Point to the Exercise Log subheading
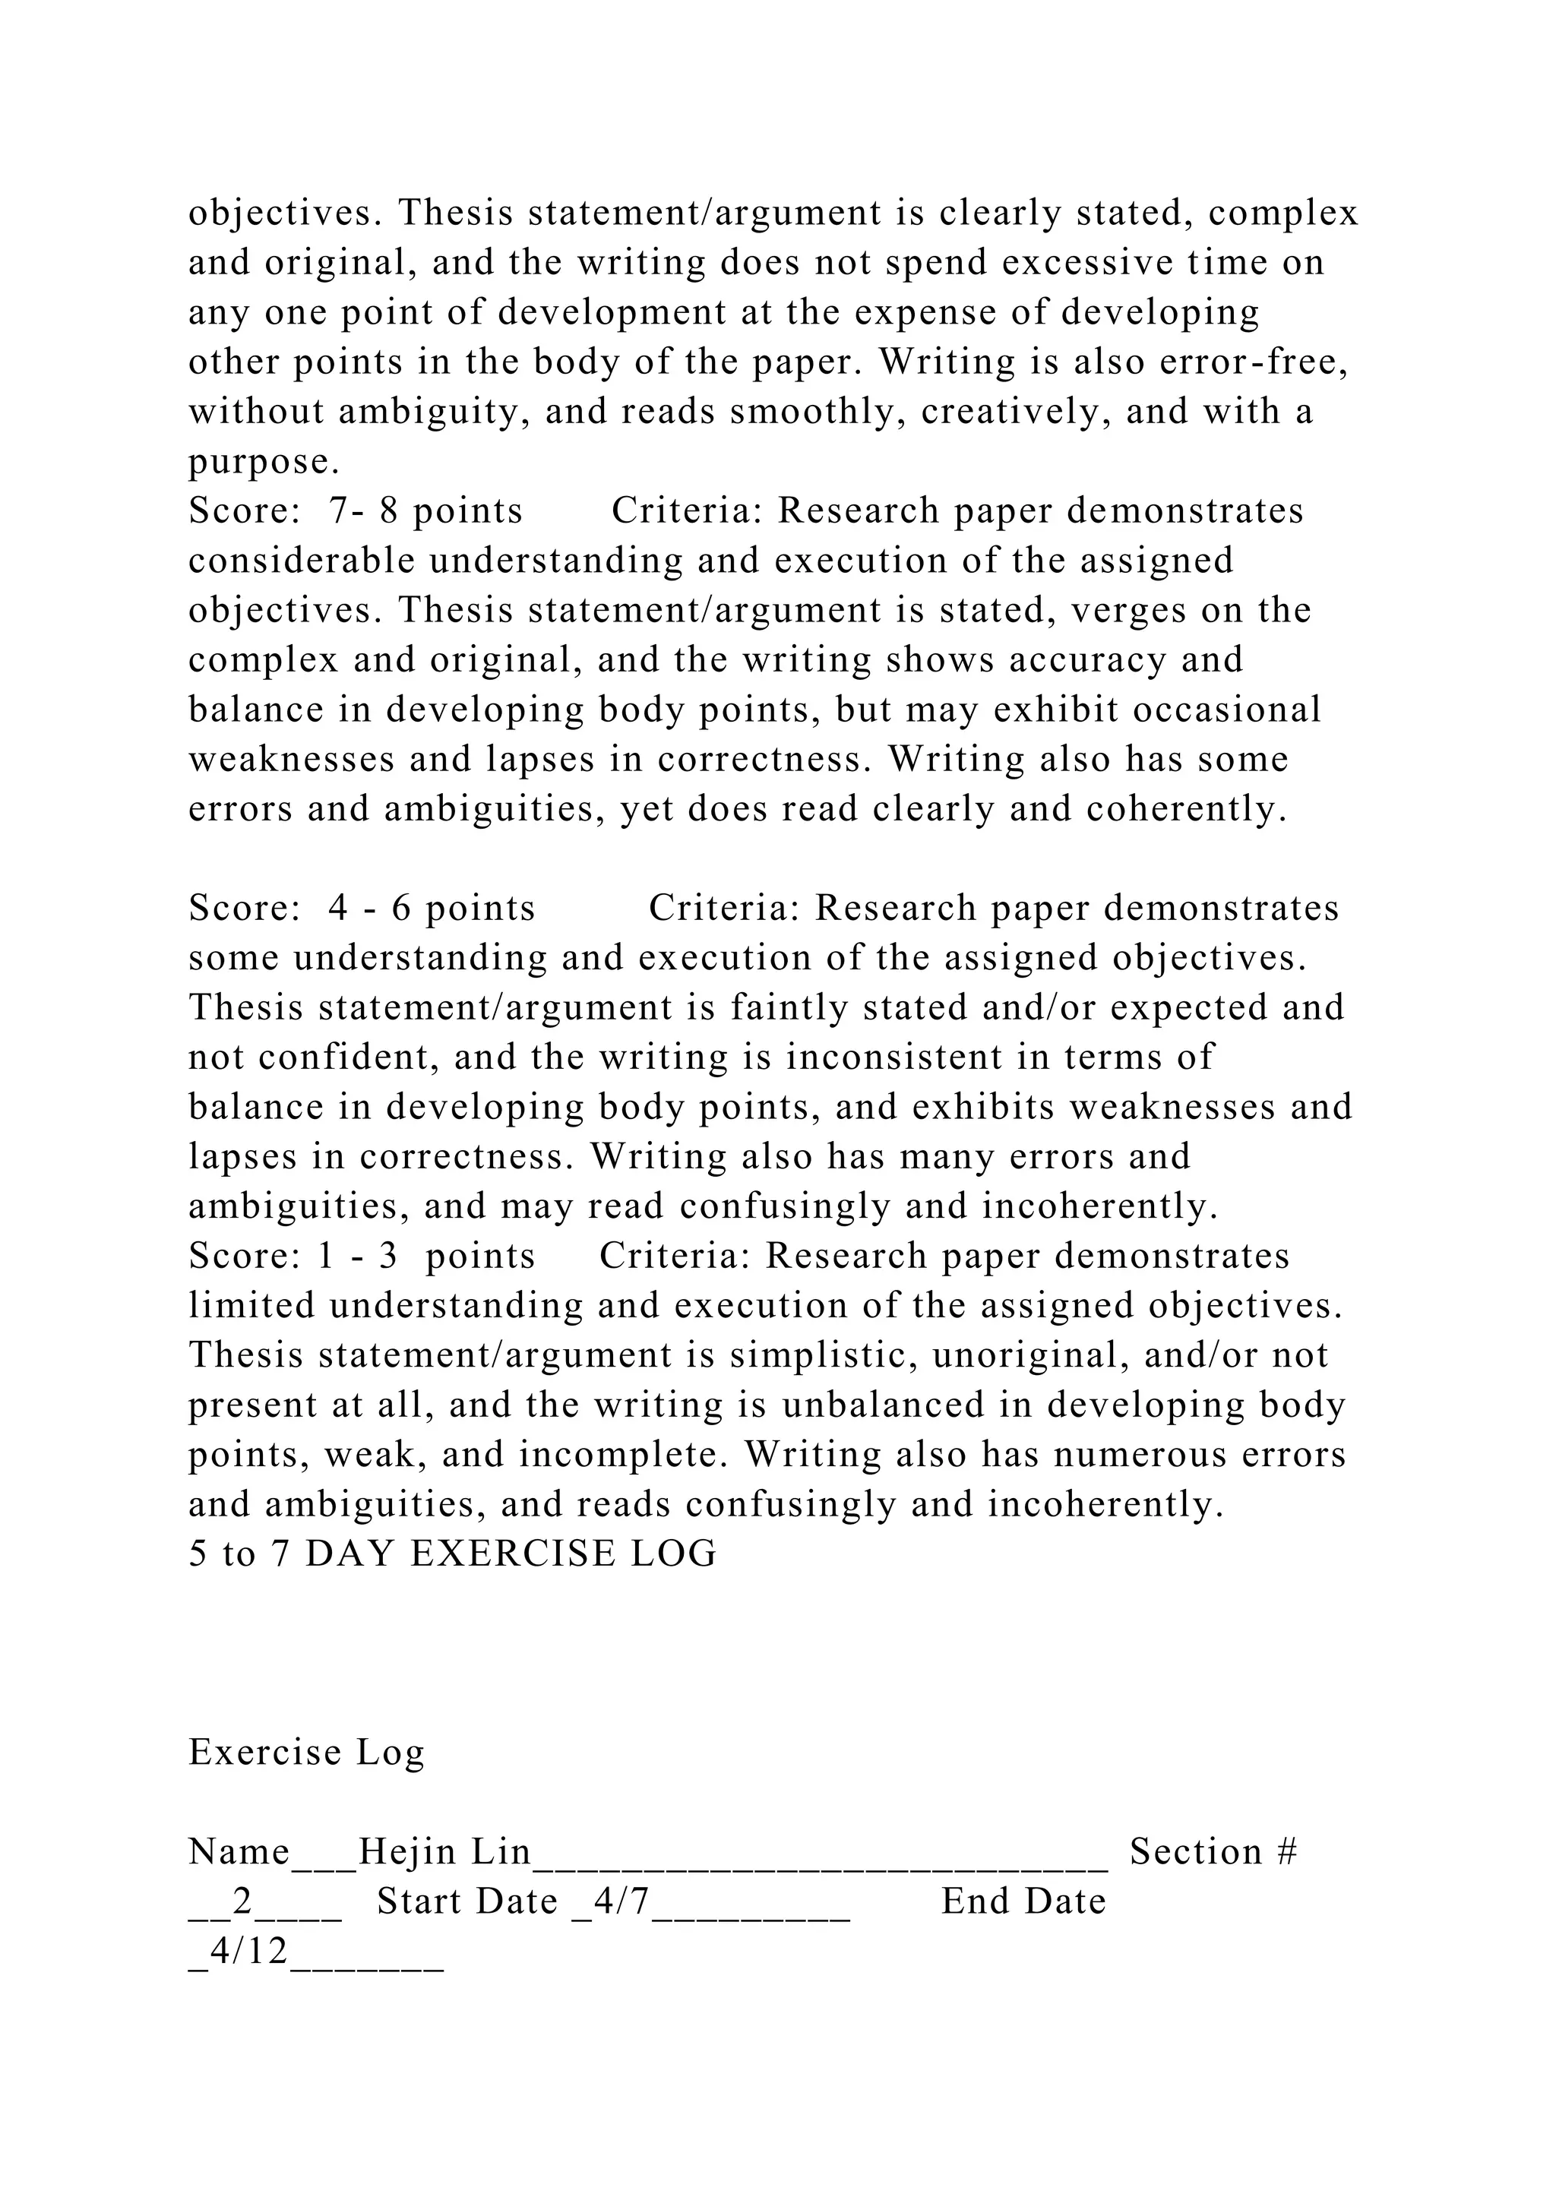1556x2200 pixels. tap(307, 1752)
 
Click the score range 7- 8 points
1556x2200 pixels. tap(425, 510)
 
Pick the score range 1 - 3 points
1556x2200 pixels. tap(425, 1255)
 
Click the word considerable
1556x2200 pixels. tap(302, 561)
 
